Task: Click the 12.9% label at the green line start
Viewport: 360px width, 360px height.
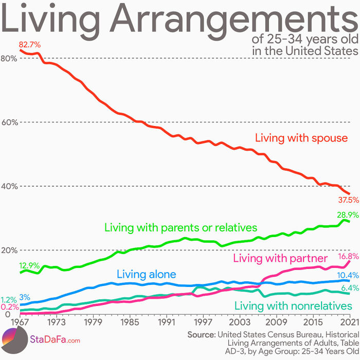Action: coord(29,266)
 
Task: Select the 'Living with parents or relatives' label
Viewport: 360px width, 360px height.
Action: coord(181,227)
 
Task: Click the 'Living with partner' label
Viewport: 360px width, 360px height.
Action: coord(280,258)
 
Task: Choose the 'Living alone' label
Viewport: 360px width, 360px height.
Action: coord(147,274)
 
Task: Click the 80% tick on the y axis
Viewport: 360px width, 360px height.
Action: coord(9,58)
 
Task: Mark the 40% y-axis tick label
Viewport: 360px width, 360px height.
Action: coord(9,186)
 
